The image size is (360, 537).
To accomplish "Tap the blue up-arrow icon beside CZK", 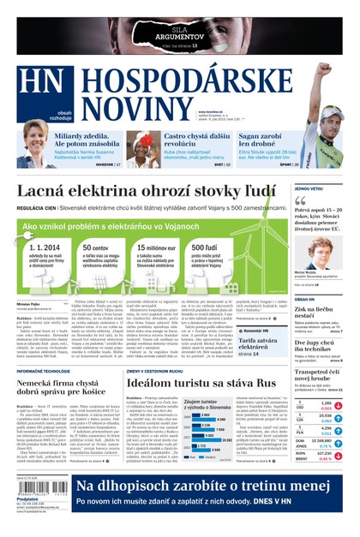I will pyautogui.click(x=339, y=419).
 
